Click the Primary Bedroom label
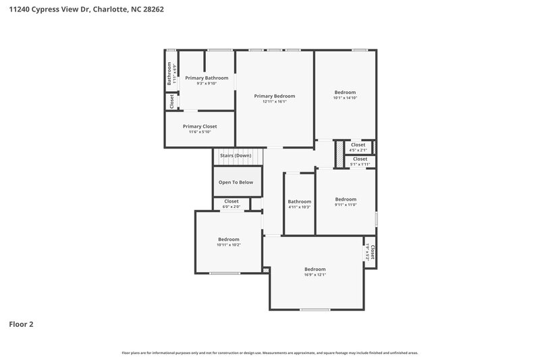(274, 97)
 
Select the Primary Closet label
(200, 126)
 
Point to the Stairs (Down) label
(236, 155)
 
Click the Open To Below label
(236, 182)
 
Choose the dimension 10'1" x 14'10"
(344, 98)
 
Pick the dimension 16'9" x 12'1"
(315, 275)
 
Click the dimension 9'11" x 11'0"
(346, 205)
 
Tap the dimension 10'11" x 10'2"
(229, 245)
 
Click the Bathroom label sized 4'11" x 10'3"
(299, 202)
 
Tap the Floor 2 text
(21, 324)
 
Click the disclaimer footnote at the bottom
(269, 353)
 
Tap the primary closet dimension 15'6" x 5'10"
(200, 132)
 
